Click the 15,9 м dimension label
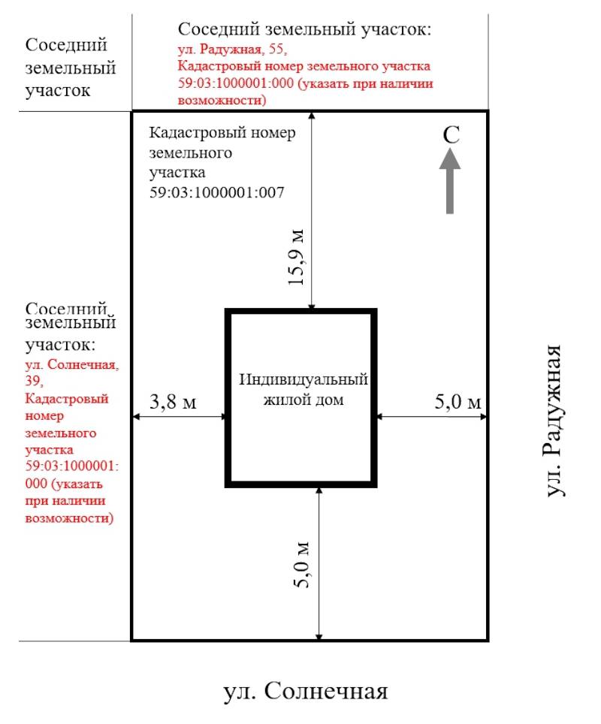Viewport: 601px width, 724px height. tap(296, 257)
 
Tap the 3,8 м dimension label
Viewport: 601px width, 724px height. tap(173, 401)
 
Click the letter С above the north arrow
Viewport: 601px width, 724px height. tap(451, 135)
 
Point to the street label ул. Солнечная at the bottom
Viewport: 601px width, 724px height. tap(305, 692)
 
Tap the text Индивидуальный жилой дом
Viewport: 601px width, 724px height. tap(303, 389)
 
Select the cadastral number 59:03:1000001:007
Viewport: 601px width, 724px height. tap(216, 192)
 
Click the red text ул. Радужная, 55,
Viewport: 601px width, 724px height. tap(232, 49)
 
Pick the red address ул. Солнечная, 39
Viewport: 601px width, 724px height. tap(71, 373)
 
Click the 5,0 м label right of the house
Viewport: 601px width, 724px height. tap(458, 401)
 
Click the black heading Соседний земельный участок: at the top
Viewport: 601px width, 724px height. tap(304, 29)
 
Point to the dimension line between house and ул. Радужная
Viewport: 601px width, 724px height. tap(431, 417)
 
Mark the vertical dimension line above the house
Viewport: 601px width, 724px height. tap(312, 210)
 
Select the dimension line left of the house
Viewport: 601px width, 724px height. tap(180, 417)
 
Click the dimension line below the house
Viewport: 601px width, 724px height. tap(319, 563)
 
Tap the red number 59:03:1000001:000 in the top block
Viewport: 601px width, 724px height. tap(236, 83)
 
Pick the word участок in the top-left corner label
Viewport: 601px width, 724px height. tap(57, 90)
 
